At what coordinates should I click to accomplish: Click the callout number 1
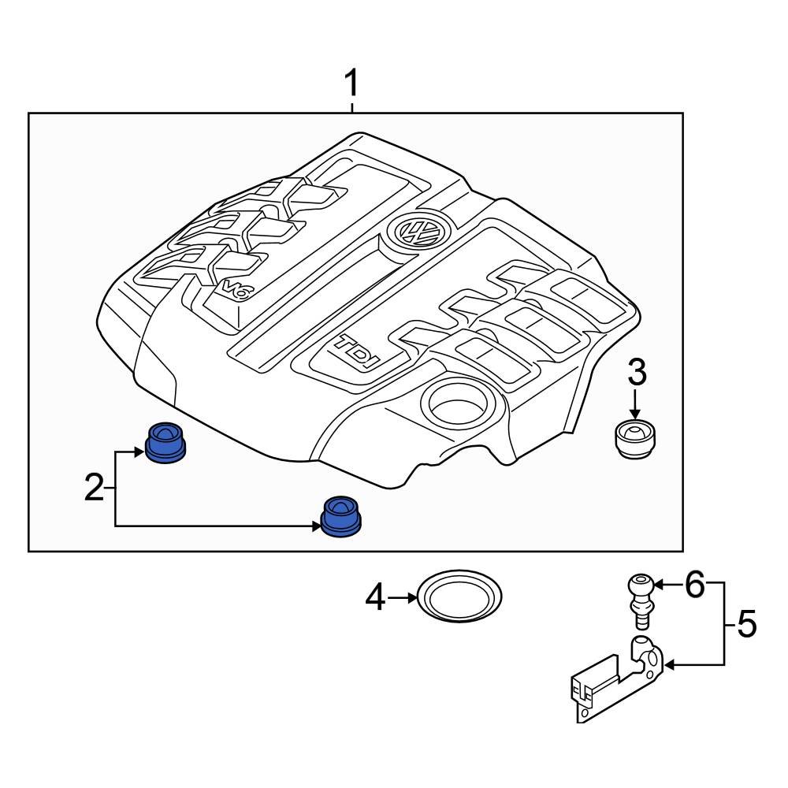[351, 84]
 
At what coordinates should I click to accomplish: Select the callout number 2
[94, 489]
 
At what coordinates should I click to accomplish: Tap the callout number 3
[636, 371]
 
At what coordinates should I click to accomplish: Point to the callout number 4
[376, 598]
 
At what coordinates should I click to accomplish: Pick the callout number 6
[693, 584]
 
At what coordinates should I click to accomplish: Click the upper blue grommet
[165, 442]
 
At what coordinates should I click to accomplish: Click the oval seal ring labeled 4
[460, 597]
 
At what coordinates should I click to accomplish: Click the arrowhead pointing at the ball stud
[659, 584]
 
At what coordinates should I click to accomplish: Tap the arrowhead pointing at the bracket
[671, 665]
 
